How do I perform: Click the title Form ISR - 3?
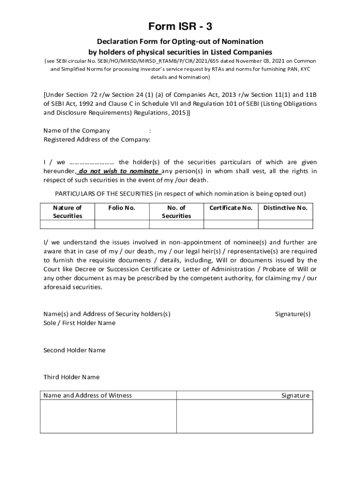click(180, 26)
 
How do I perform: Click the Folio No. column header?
click(122, 208)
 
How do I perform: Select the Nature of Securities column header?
click(67, 211)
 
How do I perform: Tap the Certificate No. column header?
click(230, 208)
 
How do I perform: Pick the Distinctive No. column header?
click(285, 208)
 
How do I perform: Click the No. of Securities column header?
click(176, 211)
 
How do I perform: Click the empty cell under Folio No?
click(122, 224)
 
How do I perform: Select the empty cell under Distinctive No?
click(285, 224)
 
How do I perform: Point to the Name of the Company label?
click(77, 131)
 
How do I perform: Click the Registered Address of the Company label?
click(97, 139)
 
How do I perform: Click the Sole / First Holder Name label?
click(79, 323)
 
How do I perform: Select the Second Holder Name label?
click(74, 350)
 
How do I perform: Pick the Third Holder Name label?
click(72, 377)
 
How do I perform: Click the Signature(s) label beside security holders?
click(293, 314)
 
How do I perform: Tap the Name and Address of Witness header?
click(87, 395)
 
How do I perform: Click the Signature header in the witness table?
click(295, 395)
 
